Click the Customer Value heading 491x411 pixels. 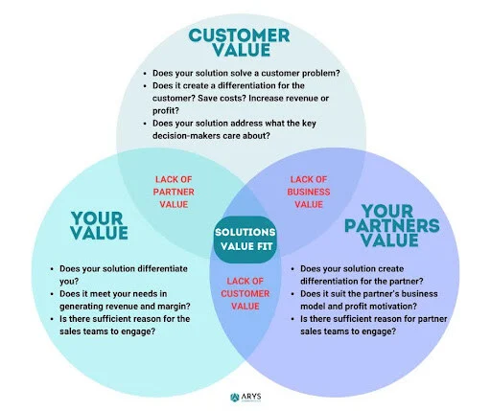point(239,43)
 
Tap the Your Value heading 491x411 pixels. point(99,225)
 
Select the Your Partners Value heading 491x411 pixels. point(392,226)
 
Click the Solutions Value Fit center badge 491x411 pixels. point(245,240)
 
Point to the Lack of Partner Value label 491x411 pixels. point(174,192)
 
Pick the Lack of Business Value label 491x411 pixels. point(309,192)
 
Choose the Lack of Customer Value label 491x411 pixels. point(245,294)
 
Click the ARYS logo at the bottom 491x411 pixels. point(245,398)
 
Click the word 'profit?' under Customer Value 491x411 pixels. point(166,111)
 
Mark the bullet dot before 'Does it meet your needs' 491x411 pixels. point(52,294)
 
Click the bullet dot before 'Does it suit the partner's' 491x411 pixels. point(292,294)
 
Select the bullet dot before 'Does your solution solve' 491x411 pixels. point(145,74)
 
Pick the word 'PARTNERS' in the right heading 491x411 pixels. point(392,226)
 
